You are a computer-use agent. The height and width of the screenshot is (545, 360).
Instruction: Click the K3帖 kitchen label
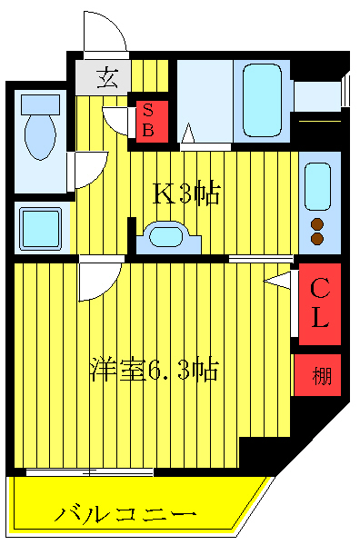[186, 193]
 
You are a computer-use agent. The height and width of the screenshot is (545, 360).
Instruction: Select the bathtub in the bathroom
[261, 100]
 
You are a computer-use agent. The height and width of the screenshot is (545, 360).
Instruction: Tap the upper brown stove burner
[318, 223]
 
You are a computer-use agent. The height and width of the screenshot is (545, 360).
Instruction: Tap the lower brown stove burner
[318, 239]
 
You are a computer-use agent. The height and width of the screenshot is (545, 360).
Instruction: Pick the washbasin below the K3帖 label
[167, 237]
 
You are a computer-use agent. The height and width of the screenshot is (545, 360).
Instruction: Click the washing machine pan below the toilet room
[40, 227]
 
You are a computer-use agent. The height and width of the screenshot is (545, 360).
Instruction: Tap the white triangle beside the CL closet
[278, 282]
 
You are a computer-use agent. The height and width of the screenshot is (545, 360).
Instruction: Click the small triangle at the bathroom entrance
[189, 136]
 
